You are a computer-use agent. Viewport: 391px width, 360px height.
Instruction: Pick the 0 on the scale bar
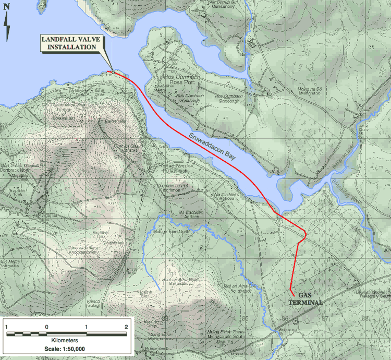click(x=47, y=326)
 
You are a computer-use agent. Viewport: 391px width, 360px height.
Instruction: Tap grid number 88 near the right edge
click(x=365, y=317)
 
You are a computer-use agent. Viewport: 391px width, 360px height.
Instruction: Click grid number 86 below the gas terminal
click(x=285, y=317)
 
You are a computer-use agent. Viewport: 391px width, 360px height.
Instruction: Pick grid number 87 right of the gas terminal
click(x=324, y=317)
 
